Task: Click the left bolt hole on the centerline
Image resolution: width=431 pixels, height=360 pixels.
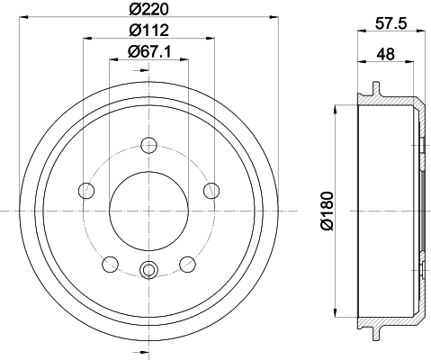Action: click(x=87, y=190)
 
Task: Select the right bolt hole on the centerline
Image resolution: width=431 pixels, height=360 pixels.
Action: click(x=212, y=190)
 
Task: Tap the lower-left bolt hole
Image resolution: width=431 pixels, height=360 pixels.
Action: click(x=112, y=263)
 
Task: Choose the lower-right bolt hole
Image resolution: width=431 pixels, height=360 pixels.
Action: click(x=188, y=263)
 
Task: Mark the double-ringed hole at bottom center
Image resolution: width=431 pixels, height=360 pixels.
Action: click(x=149, y=267)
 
